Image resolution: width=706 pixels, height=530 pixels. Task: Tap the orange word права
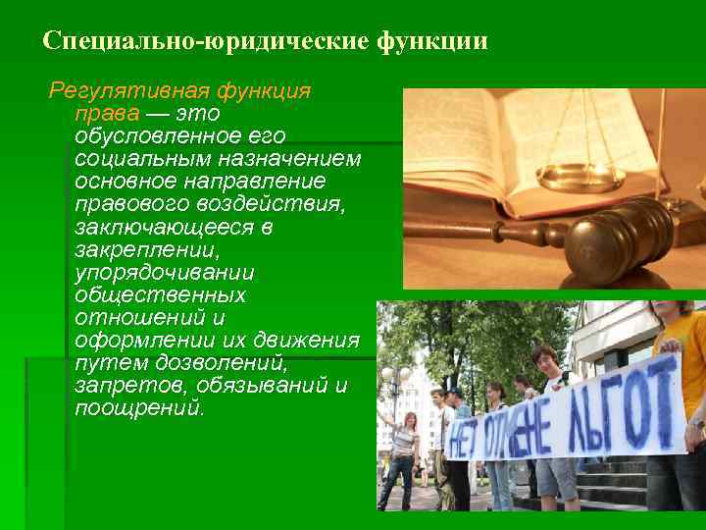(100, 114)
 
